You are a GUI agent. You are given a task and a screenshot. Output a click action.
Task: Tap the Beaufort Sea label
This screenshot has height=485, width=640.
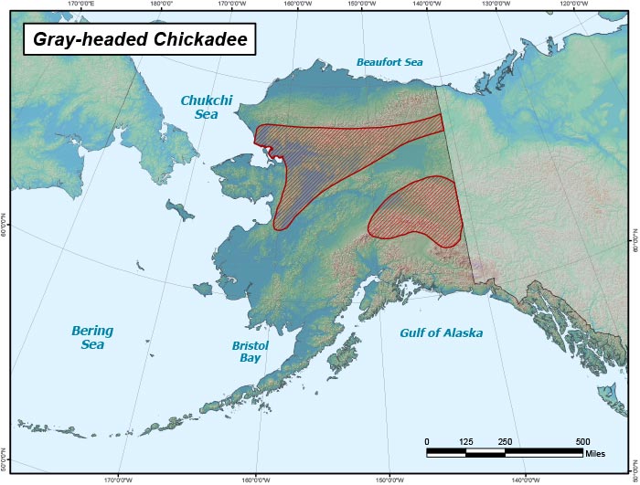click(389, 63)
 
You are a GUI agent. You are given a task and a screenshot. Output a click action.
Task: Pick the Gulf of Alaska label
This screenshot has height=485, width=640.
click(441, 333)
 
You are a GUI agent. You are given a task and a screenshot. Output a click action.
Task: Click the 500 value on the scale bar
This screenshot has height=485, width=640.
click(582, 442)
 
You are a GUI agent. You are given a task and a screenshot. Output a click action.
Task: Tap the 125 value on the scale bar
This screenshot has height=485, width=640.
click(466, 442)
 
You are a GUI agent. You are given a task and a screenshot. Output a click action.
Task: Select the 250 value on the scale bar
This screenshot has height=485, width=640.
click(505, 442)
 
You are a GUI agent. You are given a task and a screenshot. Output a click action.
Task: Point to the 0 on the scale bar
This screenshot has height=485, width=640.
click(427, 442)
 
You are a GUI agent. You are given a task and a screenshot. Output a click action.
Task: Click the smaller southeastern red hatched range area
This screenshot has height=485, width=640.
click(416, 212)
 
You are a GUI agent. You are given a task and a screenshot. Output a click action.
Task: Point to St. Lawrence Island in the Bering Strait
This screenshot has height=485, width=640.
click(182, 211)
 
